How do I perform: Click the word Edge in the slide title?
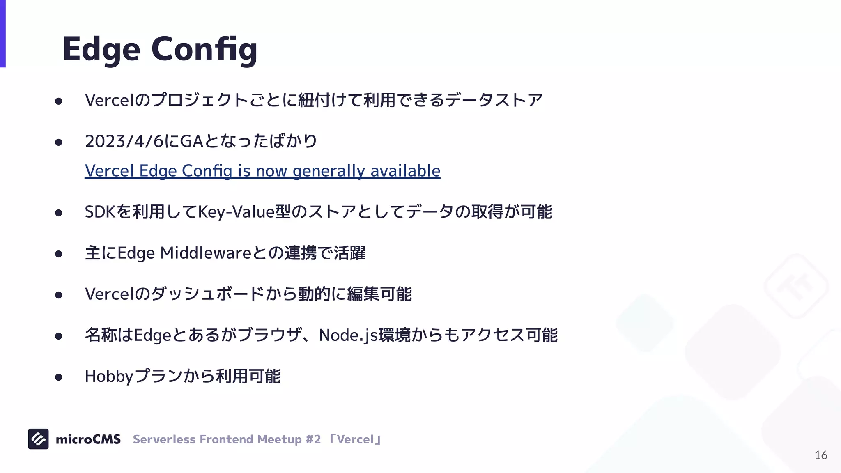pyautogui.click(x=101, y=49)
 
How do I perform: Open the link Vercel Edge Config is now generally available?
pyautogui.click(x=262, y=171)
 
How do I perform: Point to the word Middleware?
pyautogui.click(x=206, y=253)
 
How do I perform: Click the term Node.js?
pyautogui.click(x=348, y=335)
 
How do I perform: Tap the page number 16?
pyautogui.click(x=820, y=455)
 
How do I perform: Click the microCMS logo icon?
pyautogui.click(x=38, y=439)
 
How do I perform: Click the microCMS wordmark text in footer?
pyautogui.click(x=88, y=439)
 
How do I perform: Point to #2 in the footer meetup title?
pyautogui.click(x=313, y=439)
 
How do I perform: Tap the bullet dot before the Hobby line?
pyautogui.click(x=58, y=377)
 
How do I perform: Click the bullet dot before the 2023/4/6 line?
pyautogui.click(x=58, y=142)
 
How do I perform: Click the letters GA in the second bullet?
pyautogui.click(x=192, y=141)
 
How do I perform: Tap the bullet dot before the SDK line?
pyautogui.click(x=58, y=213)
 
